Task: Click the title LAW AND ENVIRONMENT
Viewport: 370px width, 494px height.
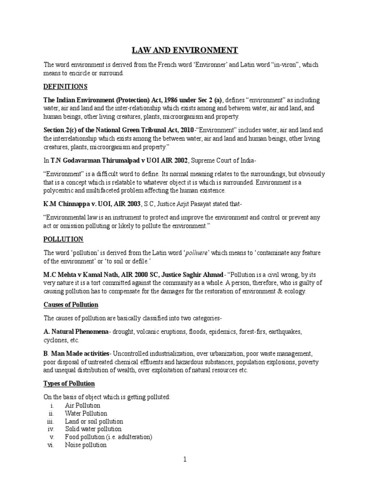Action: click(185, 51)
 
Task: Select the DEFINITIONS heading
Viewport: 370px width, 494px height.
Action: click(66, 86)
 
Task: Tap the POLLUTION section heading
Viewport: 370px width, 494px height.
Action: click(64, 239)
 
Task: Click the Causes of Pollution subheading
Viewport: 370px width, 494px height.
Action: click(71, 305)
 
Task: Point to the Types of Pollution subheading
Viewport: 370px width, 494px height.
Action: click(69, 384)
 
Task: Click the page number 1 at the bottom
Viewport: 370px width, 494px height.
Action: click(185, 460)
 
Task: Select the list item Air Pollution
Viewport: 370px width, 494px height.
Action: click(83, 406)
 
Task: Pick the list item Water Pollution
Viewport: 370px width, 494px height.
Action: click(86, 413)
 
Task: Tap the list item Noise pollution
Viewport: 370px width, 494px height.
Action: click(86, 445)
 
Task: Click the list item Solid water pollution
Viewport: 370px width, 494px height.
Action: click(93, 429)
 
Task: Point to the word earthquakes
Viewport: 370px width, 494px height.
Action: click(287, 332)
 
